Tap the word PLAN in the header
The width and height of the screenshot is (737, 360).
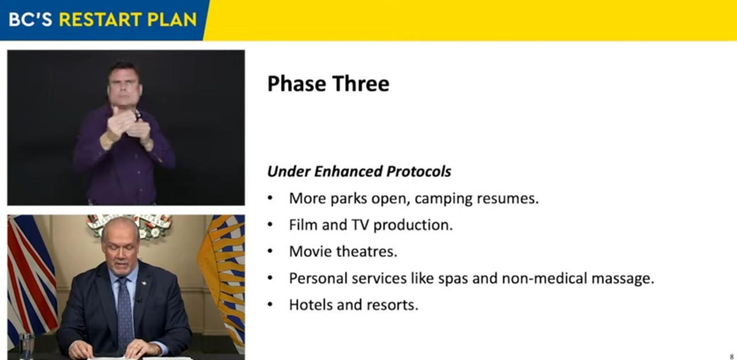(x=172, y=20)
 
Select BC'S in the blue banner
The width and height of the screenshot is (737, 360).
(x=31, y=20)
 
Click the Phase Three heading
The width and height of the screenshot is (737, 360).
(x=328, y=84)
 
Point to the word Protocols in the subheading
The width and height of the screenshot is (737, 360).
(x=419, y=171)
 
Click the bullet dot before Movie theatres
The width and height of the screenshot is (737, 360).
(x=270, y=252)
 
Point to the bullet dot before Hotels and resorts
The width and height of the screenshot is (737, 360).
(x=270, y=305)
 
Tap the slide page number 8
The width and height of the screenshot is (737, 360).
(x=732, y=357)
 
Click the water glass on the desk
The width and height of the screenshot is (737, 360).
(x=26, y=346)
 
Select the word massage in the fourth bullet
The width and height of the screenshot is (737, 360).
(x=622, y=279)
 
